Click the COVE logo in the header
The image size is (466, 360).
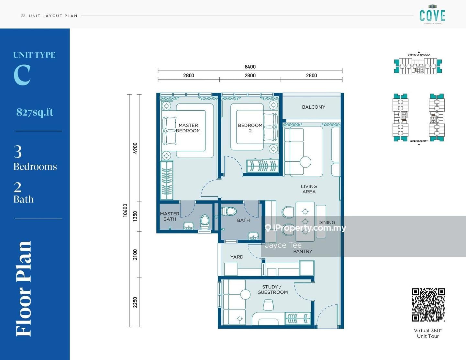432,16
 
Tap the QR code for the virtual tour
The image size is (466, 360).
428,305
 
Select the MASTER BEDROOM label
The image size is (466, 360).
188,128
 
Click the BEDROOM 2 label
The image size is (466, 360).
250,128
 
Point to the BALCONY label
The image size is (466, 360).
313,107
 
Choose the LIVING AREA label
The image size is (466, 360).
309,189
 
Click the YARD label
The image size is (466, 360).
237,257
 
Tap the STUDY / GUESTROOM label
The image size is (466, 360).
272,289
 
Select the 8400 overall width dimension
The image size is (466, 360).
250,67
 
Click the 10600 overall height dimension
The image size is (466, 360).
125,210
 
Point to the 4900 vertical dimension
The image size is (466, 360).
135,148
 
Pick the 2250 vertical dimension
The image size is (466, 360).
135,302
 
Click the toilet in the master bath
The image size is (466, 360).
205,221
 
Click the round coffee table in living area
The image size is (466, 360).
305,162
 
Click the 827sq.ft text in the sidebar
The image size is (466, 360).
35,112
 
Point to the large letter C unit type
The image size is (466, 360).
22,75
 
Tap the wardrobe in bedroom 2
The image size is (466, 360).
262,166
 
